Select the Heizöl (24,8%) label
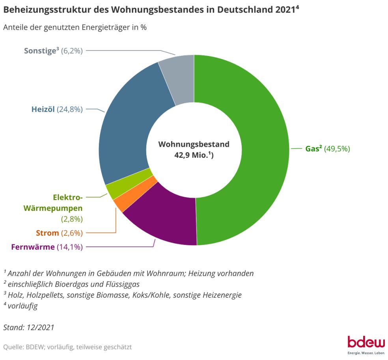click(x=57, y=109)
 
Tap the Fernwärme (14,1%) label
click(x=47, y=247)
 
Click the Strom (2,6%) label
click(x=59, y=233)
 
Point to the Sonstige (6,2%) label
click(x=53, y=51)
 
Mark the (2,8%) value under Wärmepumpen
click(x=71, y=218)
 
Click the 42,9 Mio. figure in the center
click(x=194, y=155)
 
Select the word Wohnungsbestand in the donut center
click(x=194, y=144)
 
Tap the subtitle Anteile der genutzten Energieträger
click(x=75, y=28)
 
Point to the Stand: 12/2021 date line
click(x=29, y=327)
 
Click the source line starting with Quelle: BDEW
click(x=67, y=347)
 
